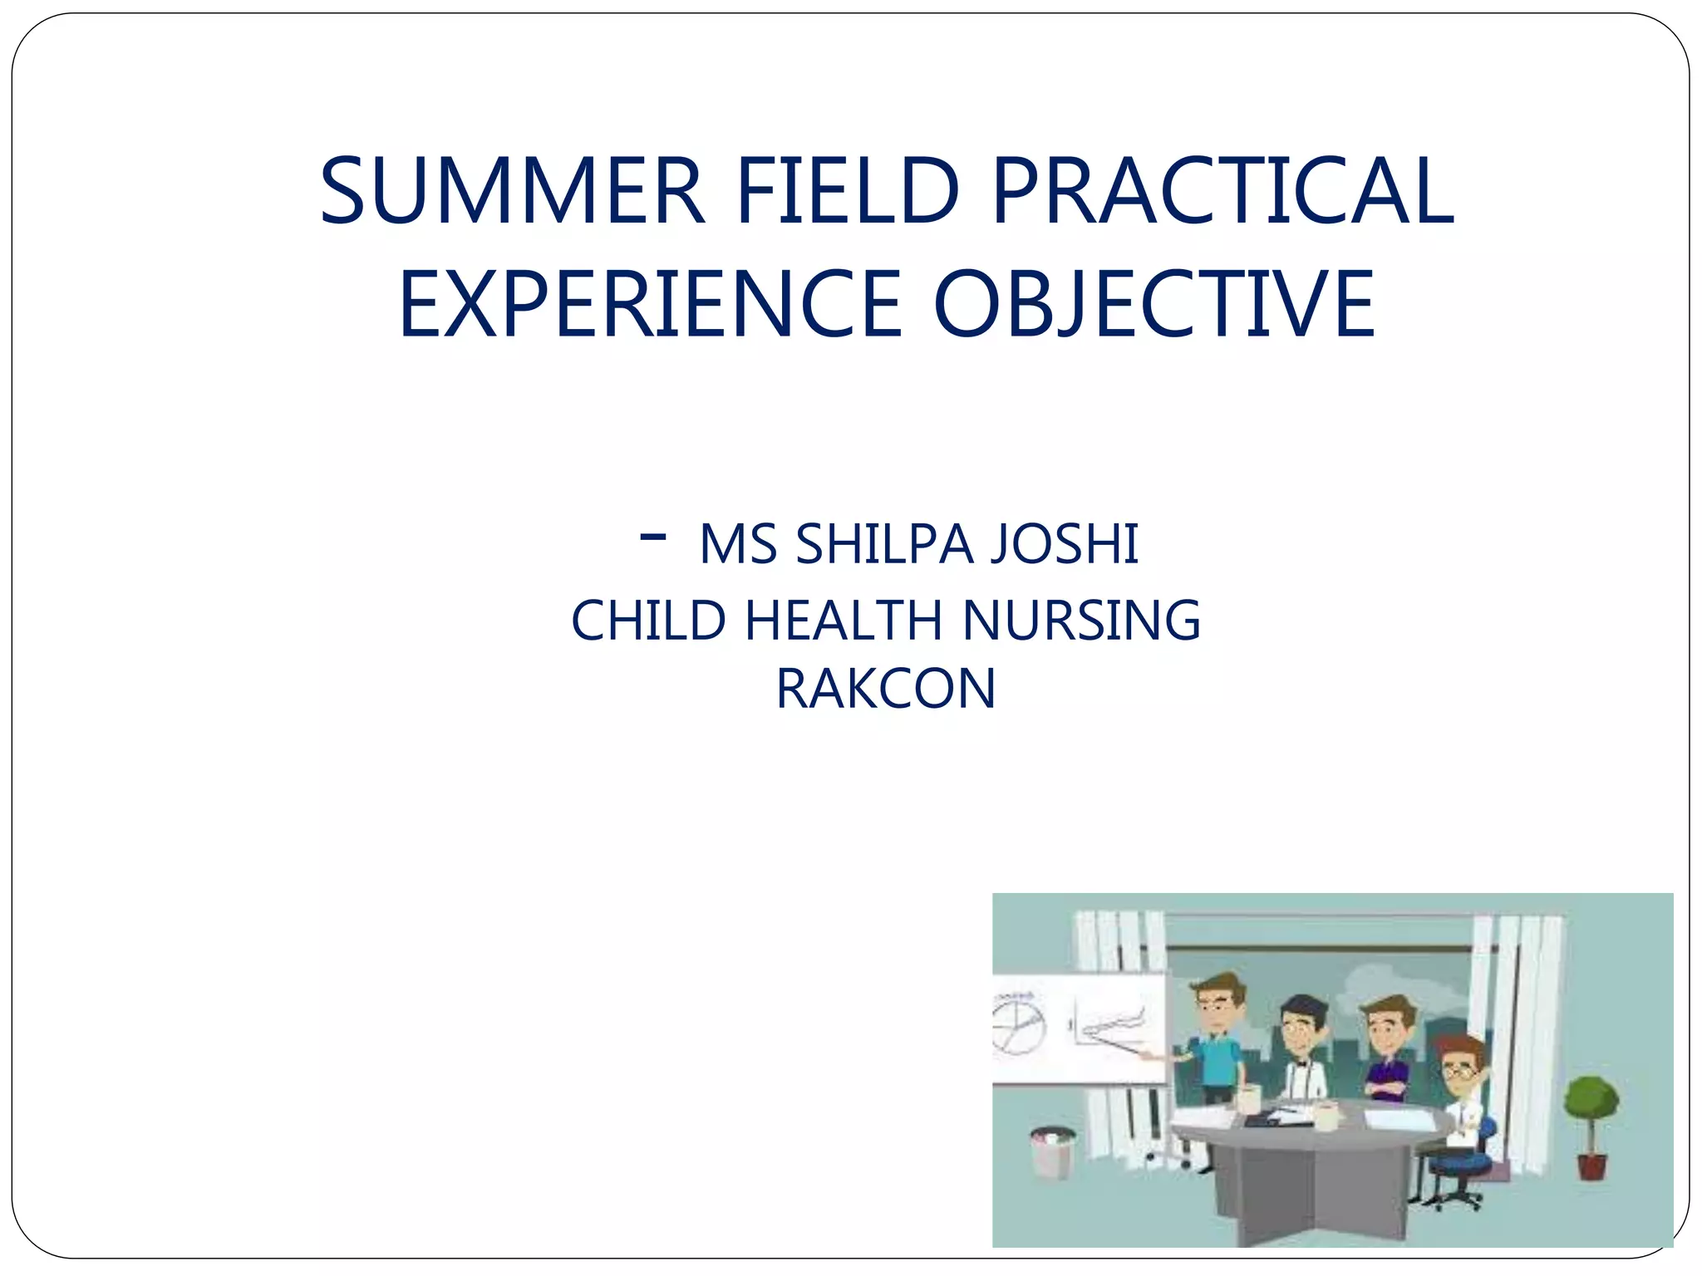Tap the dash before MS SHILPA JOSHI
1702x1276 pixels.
pos(653,537)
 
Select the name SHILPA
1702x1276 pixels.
pos(884,545)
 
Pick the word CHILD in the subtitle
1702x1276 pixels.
pos(649,621)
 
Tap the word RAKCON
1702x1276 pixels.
pos(886,689)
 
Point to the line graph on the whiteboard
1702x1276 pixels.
pos(1110,1026)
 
